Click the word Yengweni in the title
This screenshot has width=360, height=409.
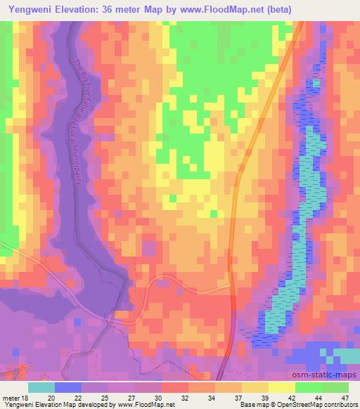32,9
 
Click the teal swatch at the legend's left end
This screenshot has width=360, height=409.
41,387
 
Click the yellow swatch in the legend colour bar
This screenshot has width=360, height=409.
281,387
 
